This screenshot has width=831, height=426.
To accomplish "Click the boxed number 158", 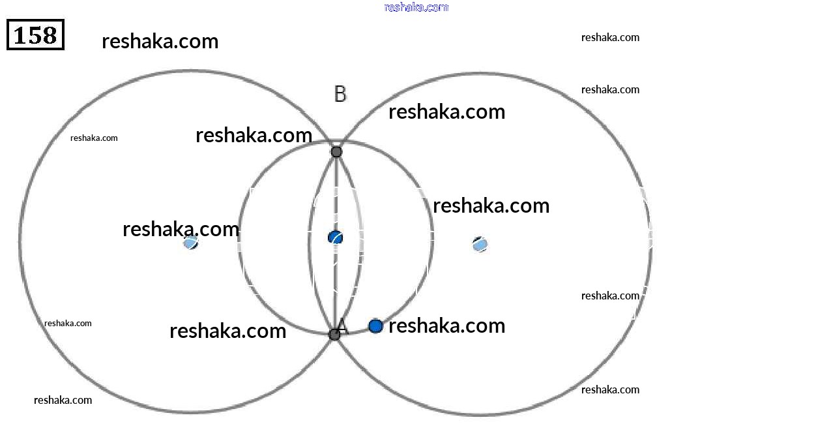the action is tap(36, 35).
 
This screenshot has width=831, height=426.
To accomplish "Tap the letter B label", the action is tap(340, 94).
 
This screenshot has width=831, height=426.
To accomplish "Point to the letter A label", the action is tap(342, 326).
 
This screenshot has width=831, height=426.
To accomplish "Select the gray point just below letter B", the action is tap(336, 151).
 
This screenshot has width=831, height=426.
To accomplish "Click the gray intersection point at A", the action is tap(334, 335).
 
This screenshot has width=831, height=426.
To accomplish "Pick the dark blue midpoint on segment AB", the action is tap(336, 237).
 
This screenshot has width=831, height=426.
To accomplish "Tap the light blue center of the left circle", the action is tap(191, 243).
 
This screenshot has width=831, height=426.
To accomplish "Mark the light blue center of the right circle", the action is tap(480, 245).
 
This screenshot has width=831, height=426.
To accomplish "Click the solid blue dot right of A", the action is tap(376, 326).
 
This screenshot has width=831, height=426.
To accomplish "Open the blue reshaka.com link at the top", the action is tap(416, 7).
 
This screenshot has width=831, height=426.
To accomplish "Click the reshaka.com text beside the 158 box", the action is tap(160, 41).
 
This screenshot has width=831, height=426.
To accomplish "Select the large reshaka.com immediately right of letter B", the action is tap(447, 112).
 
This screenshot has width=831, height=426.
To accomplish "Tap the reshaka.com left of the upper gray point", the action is tap(254, 135).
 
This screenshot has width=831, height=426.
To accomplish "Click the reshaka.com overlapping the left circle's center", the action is tap(181, 229).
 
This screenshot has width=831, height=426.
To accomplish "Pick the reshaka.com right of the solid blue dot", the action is tap(447, 326).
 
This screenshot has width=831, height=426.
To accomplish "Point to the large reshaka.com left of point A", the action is tap(228, 331).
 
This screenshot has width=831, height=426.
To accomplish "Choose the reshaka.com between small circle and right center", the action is tap(491, 205).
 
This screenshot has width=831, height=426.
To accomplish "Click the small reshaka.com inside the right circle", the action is tap(610, 296).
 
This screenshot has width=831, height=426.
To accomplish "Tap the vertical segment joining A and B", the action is tap(336, 243).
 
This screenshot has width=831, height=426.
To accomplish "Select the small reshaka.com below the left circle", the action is tap(63, 401).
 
